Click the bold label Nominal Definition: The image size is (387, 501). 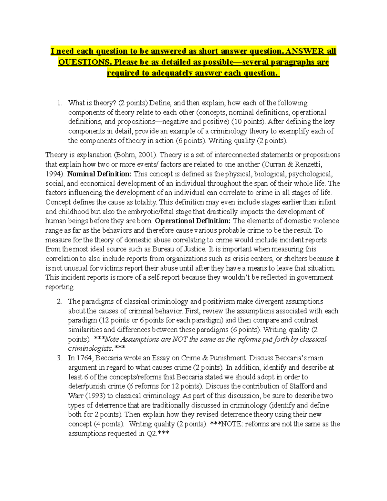(99, 174)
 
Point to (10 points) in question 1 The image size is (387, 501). (248, 122)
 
